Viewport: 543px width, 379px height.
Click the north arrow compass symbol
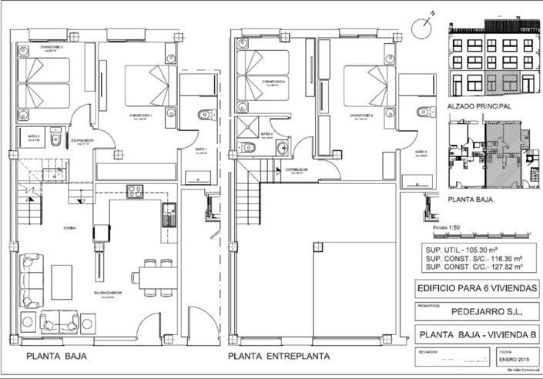[423, 26]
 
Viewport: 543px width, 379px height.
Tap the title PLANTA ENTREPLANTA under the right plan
[279, 357]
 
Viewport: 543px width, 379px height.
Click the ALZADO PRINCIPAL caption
[479, 106]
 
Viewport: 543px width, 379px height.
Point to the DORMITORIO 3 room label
[361, 116]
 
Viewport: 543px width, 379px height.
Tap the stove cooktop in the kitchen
[136, 191]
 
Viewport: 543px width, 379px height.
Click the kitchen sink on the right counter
[168, 215]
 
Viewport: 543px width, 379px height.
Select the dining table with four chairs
[153, 277]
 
